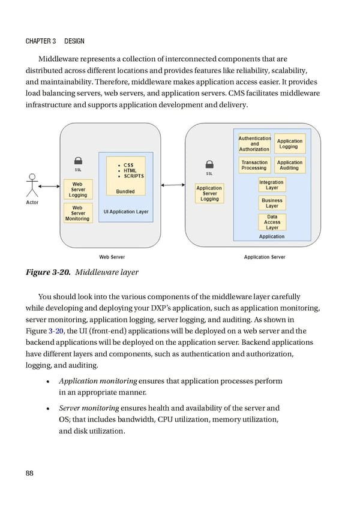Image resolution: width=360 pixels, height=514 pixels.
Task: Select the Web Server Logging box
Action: (77, 190)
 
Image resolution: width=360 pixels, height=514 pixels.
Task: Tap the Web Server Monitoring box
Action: (77, 213)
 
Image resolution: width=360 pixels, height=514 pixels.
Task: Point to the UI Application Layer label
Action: (126, 212)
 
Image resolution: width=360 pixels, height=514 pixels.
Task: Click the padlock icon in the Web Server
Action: (78, 161)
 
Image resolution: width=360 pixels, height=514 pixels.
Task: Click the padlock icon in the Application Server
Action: (209, 164)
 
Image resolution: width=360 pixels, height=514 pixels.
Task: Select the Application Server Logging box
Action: (209, 193)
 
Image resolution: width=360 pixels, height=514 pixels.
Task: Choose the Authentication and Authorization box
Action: (254, 144)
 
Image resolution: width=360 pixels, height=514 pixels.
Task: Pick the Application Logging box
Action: (290, 144)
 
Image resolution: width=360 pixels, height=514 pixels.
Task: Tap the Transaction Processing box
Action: (254, 165)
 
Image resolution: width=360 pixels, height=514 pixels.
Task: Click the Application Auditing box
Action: (290, 165)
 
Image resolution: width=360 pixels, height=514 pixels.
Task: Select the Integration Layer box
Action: (272, 185)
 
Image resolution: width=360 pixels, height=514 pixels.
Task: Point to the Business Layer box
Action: (272, 203)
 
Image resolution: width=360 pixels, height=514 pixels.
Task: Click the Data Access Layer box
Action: (272, 222)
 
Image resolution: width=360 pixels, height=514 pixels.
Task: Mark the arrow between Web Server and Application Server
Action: (173, 185)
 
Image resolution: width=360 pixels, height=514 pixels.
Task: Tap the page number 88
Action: (29, 473)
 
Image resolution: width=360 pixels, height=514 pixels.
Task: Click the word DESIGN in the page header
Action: (74, 41)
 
